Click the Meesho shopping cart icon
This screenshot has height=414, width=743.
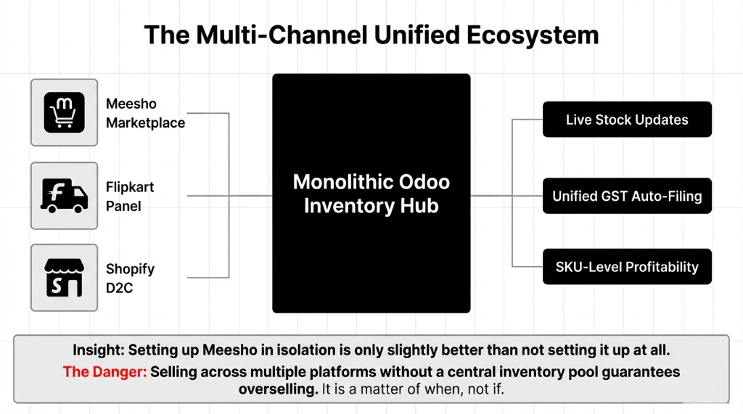pyautogui.click(x=64, y=112)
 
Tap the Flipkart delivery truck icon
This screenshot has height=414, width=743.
pyautogui.click(x=64, y=196)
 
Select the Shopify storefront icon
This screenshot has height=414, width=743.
pyautogui.click(x=64, y=278)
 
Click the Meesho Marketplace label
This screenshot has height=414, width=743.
pyautogui.click(x=145, y=113)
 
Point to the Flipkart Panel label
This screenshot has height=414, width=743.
pyautogui.click(x=130, y=196)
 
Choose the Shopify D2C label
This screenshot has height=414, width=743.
pyautogui.click(x=130, y=278)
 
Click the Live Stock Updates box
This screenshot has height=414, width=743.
pyautogui.click(x=627, y=120)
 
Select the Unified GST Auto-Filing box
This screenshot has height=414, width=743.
pyautogui.click(x=627, y=196)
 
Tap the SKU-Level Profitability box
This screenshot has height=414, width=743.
pyautogui.click(x=627, y=267)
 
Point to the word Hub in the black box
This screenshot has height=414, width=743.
pyautogui.click(x=420, y=206)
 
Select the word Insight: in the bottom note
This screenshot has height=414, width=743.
pyautogui.click(x=99, y=350)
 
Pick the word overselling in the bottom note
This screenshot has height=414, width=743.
pyautogui.click(x=278, y=389)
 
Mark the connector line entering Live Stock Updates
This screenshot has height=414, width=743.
pyautogui.click(x=528, y=120)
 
